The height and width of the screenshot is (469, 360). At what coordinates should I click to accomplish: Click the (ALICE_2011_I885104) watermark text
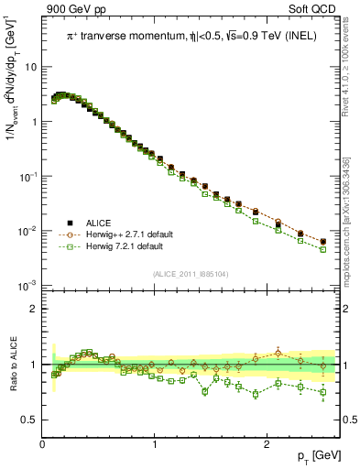191,272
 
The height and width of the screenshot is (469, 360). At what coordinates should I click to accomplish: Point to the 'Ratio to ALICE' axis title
12,365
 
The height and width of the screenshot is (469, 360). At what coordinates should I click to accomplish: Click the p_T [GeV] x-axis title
322,455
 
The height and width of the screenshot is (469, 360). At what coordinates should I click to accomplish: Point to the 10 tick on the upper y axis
30,67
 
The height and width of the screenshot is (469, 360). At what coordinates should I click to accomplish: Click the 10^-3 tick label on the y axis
27,287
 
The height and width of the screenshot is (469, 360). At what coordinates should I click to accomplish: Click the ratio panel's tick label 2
34,309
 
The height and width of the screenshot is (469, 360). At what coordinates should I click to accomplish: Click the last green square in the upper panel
322,248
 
